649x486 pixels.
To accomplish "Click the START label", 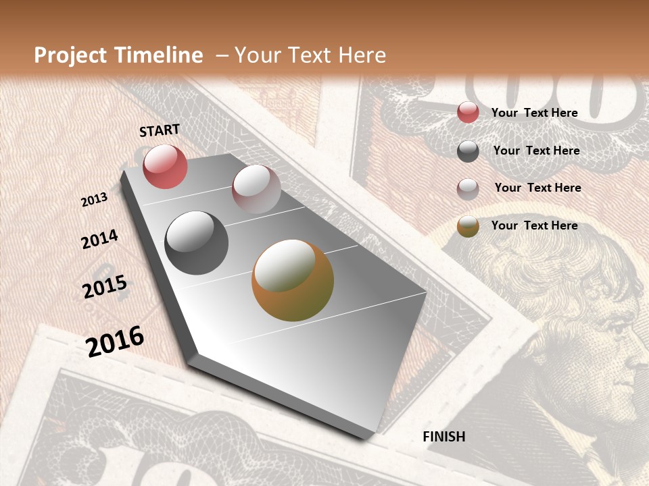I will (x=160, y=130).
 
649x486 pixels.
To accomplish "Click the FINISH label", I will (x=444, y=437).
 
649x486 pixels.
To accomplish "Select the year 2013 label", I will (x=95, y=200).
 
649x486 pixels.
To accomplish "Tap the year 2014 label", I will (x=99, y=240).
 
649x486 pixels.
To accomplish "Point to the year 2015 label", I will (x=105, y=287).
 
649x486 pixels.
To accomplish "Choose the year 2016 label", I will (x=115, y=341).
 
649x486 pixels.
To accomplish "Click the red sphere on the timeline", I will (x=165, y=166).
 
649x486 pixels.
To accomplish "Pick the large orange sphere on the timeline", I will (x=293, y=280).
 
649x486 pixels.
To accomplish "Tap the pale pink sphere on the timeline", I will (x=256, y=189).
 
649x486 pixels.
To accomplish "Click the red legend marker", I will (x=468, y=112).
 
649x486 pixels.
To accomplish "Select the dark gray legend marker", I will (x=468, y=151).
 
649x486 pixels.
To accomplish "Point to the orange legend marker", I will (x=468, y=226).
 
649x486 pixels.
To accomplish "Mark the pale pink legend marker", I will (x=468, y=189).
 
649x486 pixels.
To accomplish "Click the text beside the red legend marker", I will (x=534, y=113).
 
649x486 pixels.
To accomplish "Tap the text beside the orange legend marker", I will (x=534, y=225).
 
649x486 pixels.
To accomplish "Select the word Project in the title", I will (x=69, y=55).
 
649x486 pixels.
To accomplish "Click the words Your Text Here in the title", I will (x=310, y=55).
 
